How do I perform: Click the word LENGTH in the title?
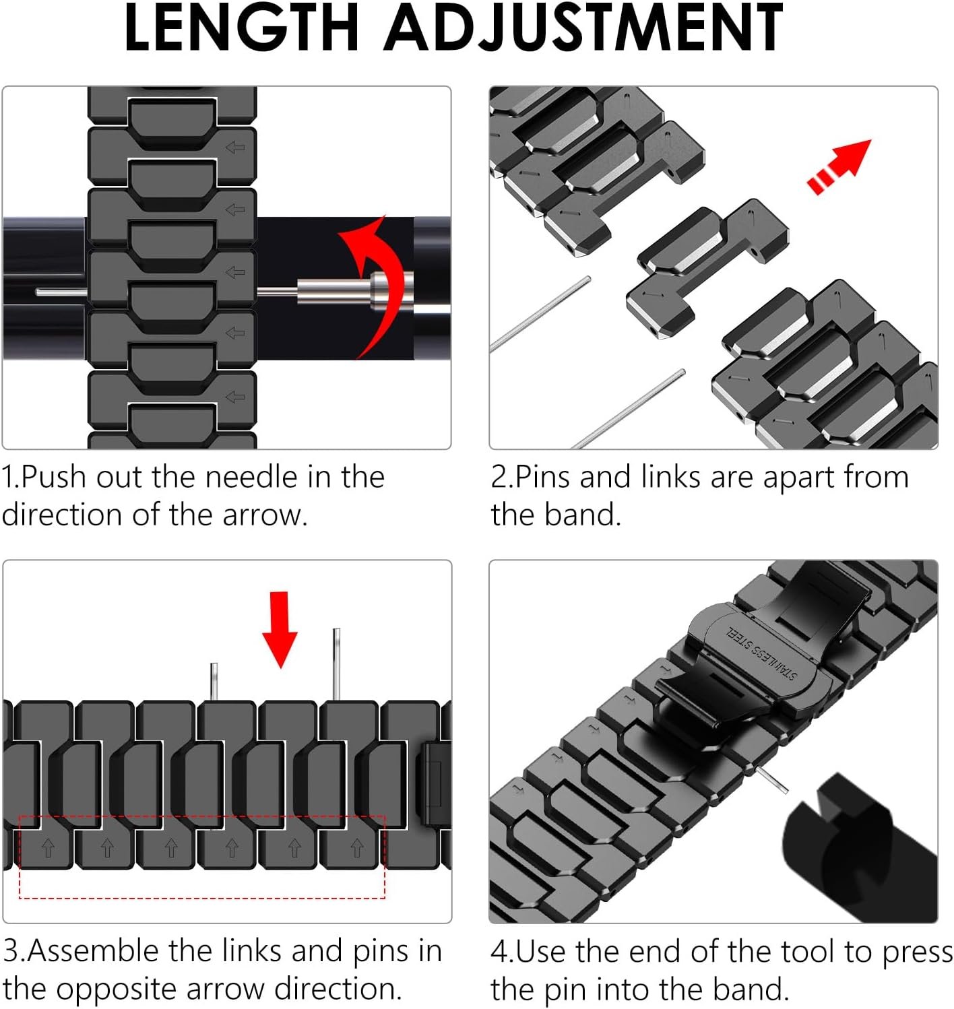(241, 28)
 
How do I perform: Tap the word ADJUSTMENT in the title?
(583, 28)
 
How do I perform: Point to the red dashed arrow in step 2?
(839, 166)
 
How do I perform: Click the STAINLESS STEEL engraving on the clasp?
(761, 653)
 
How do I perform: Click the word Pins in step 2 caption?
(543, 478)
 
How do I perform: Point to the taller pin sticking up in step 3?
(336, 663)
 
